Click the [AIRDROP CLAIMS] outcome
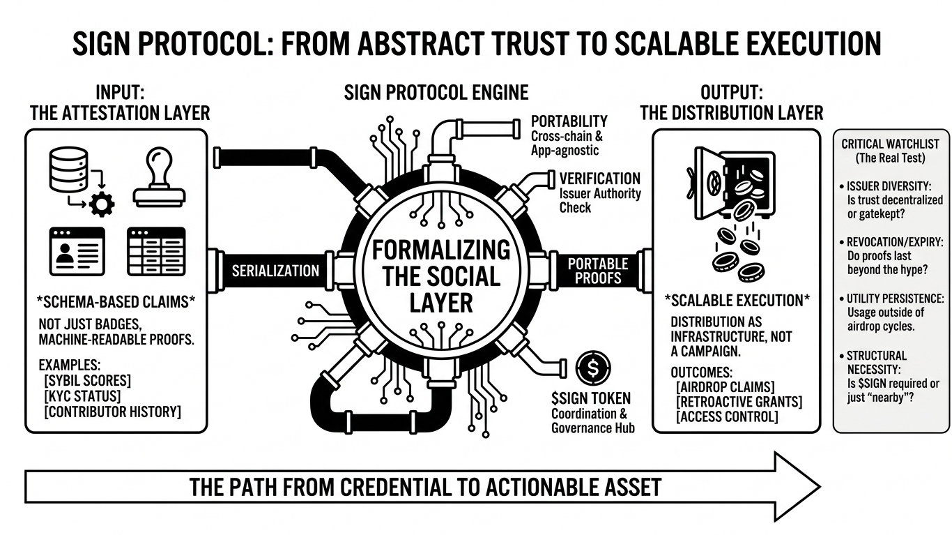click(725, 386)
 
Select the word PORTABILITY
click(569, 121)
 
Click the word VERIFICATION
click(599, 179)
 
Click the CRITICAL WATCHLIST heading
click(890, 144)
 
